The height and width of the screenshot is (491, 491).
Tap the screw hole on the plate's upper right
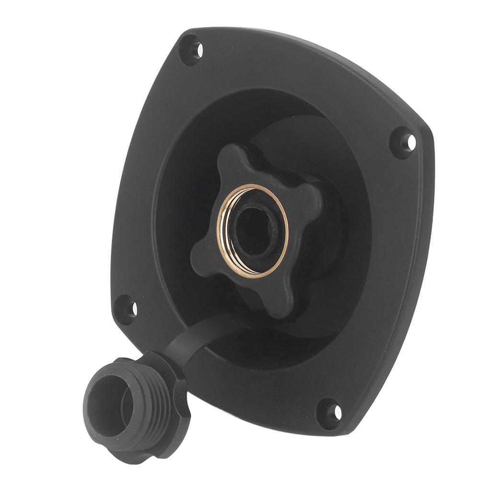point(409,141)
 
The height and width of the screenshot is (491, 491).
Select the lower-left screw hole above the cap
point(130,308)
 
